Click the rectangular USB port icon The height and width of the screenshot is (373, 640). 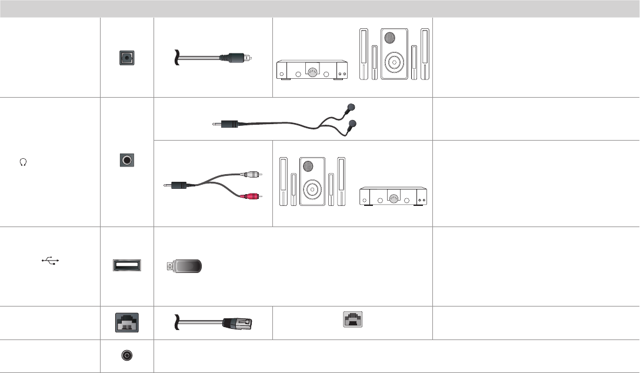tap(127, 265)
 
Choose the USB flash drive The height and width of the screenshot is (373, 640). tap(185, 266)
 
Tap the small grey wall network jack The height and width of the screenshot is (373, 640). tap(352, 320)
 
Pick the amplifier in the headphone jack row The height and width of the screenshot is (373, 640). tap(394, 197)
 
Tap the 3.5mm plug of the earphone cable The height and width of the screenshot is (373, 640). tap(226, 125)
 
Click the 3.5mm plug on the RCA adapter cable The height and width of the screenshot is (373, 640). tap(177, 185)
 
